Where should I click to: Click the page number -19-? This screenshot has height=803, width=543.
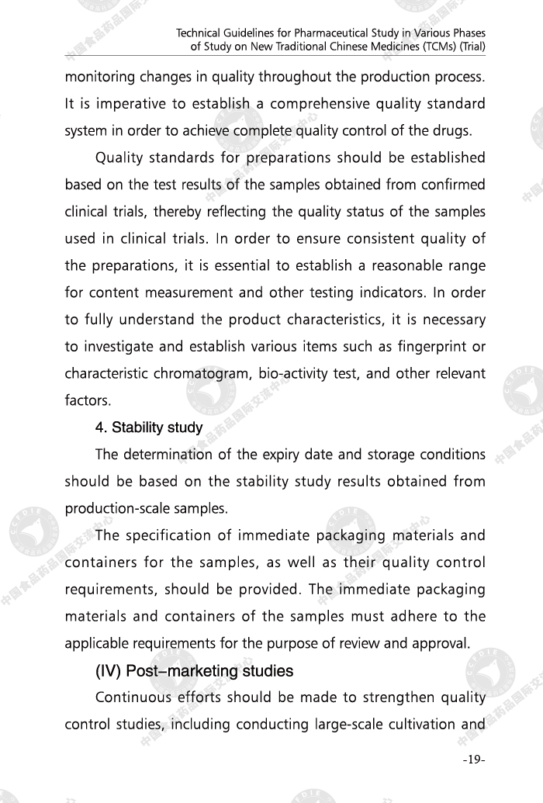pyautogui.click(x=473, y=759)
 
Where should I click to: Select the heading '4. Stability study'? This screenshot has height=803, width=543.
pyautogui.click(x=149, y=427)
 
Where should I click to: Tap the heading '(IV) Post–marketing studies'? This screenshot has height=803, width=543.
pyautogui.click(x=194, y=670)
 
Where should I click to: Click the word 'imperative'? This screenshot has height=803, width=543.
pyautogui.click(x=117, y=104)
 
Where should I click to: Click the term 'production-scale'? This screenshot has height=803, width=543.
pyautogui.click(x=112, y=508)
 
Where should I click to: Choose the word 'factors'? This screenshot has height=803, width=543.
pyautogui.click(x=88, y=401)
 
